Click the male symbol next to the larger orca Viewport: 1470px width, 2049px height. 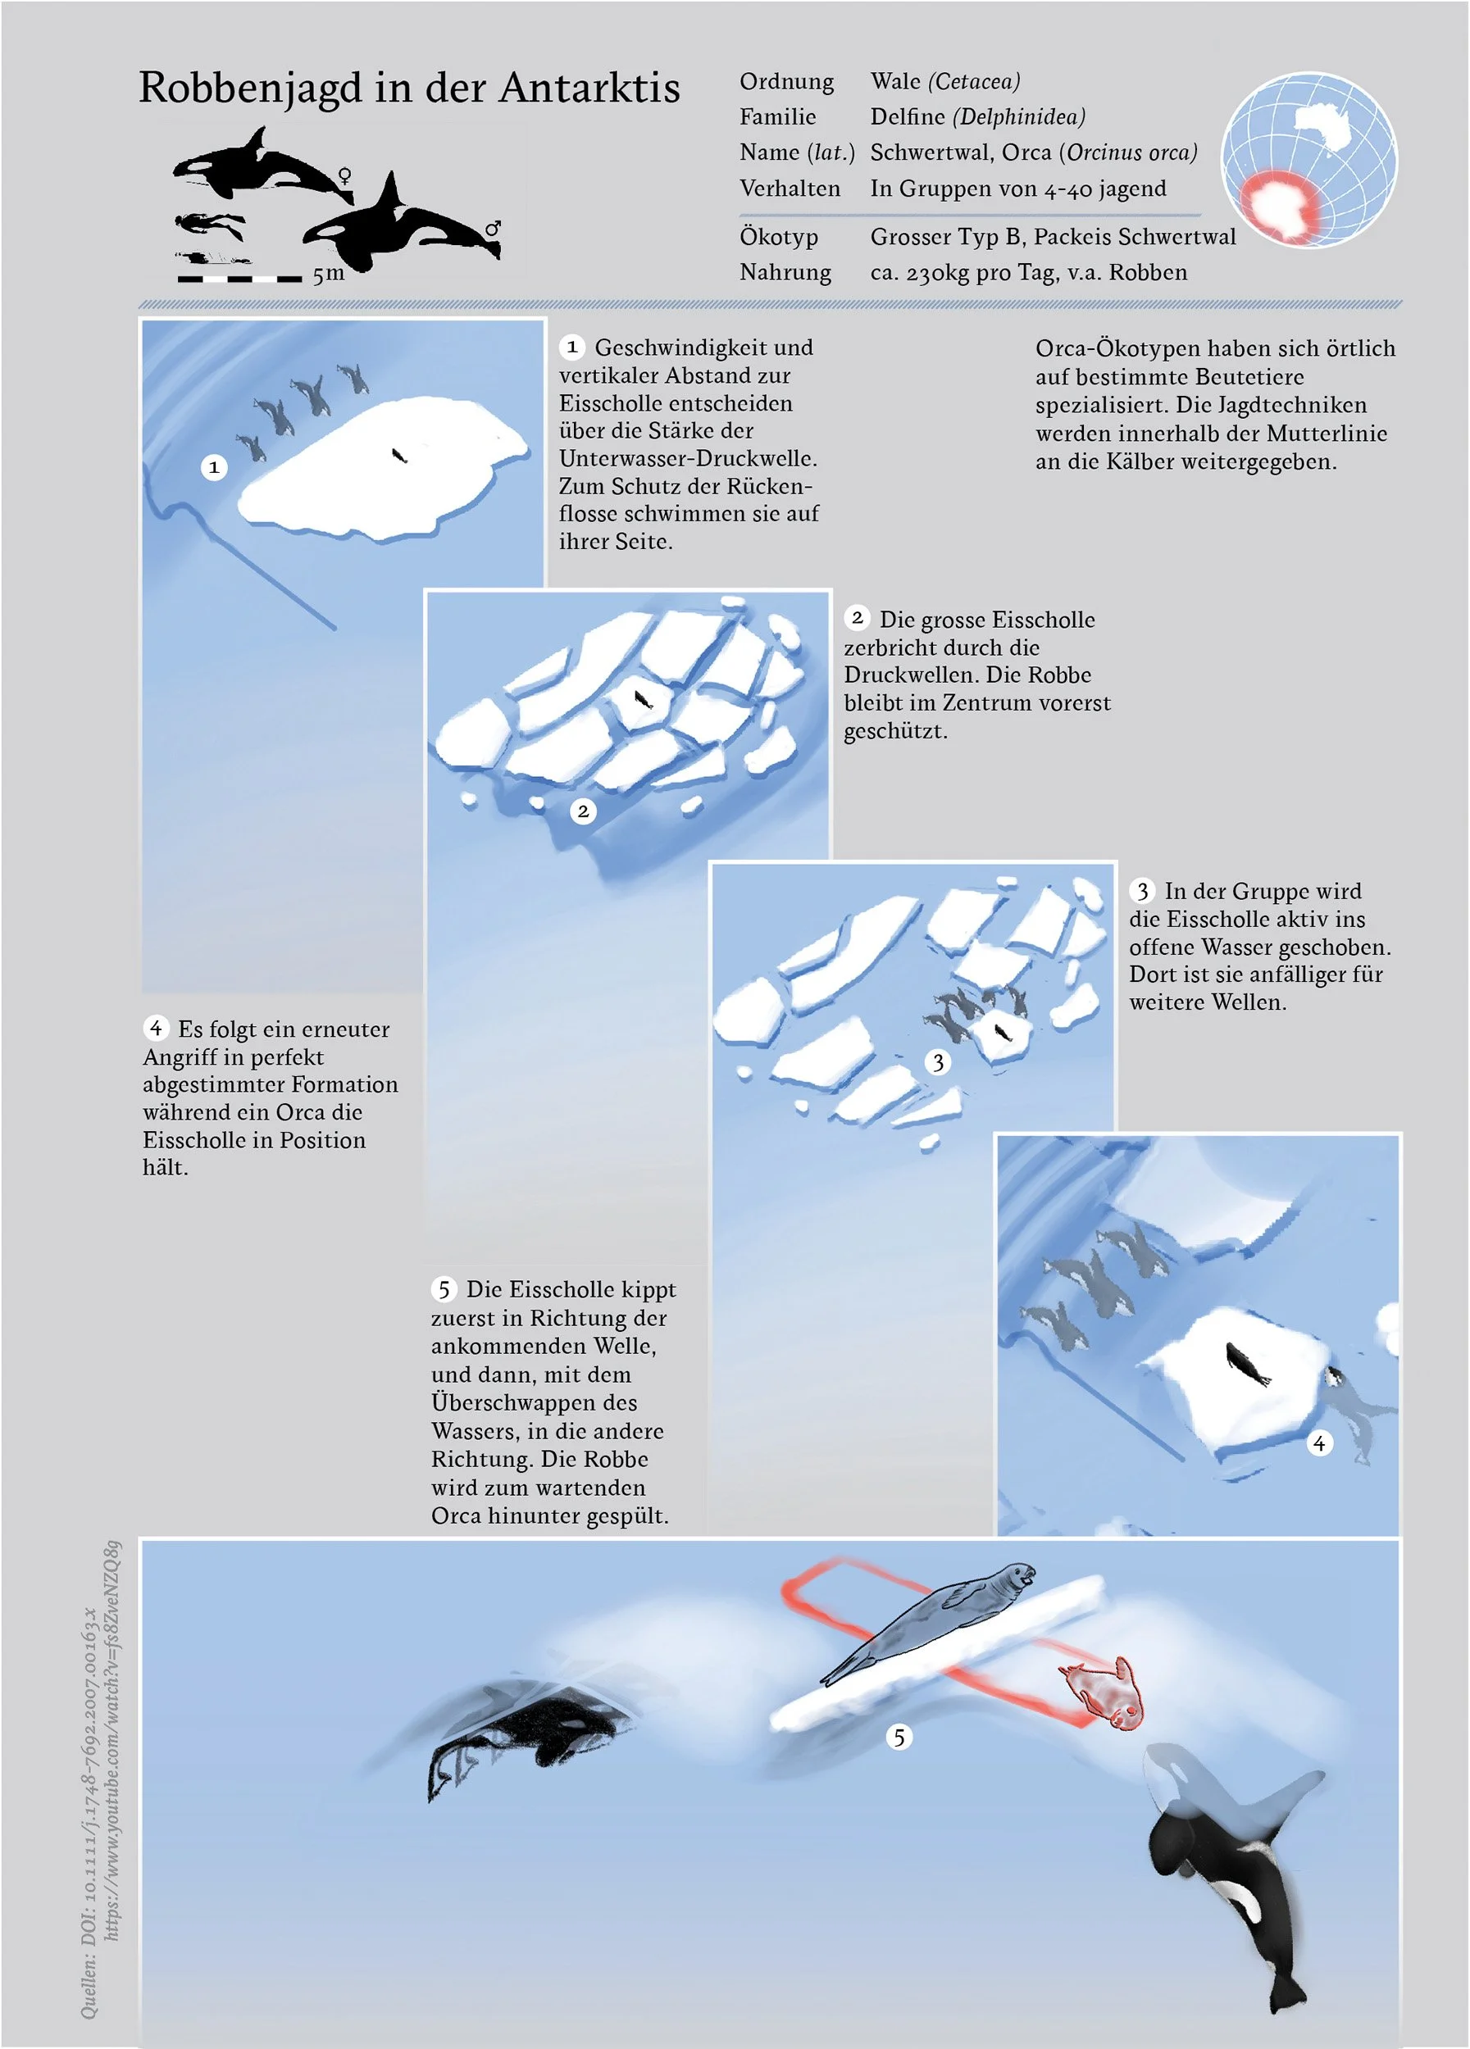coord(493,229)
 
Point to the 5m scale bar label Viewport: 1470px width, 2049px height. coord(329,274)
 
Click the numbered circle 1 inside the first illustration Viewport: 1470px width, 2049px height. coord(214,467)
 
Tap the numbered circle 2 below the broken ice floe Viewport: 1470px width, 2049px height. coord(583,811)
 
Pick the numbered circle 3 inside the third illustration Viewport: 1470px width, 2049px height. coord(938,1061)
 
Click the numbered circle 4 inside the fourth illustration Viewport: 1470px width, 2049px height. coord(1319,1442)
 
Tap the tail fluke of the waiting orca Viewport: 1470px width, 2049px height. coord(1285,2001)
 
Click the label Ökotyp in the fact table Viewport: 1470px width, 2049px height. coord(779,237)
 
